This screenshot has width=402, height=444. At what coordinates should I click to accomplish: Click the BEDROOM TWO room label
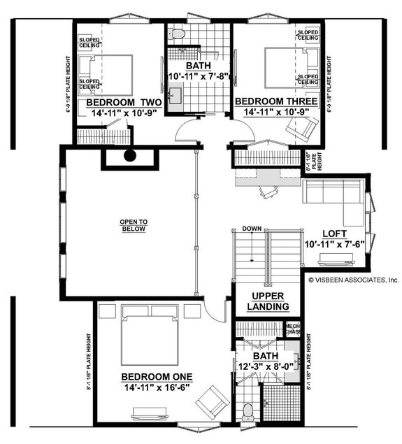pos(124,102)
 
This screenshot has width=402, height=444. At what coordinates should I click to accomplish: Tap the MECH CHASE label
pos(292,328)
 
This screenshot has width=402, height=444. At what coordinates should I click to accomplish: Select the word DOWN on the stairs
pos(252,229)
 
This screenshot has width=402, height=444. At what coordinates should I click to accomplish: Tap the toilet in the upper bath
pos(178,33)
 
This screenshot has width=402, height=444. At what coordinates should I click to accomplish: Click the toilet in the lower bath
pos(247,412)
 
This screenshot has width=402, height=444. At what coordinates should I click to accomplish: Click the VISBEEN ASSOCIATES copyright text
pos(353,278)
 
